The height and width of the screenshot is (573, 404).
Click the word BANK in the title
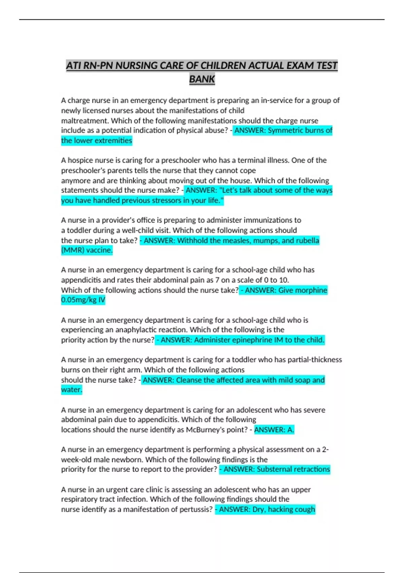(x=202, y=79)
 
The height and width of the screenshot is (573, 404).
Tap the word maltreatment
(x=85, y=121)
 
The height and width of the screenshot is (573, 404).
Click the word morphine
(x=311, y=290)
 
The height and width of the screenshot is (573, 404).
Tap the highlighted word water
(x=71, y=390)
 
